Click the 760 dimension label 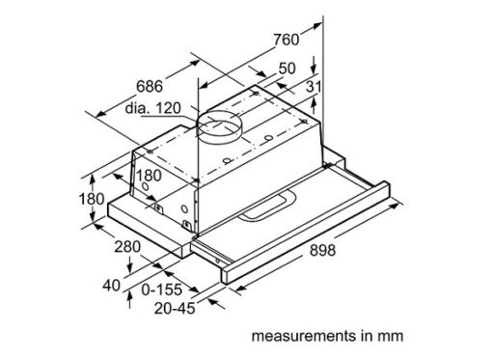[x=287, y=40]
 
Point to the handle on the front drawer [x=266, y=204]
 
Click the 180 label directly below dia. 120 [x=149, y=176]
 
